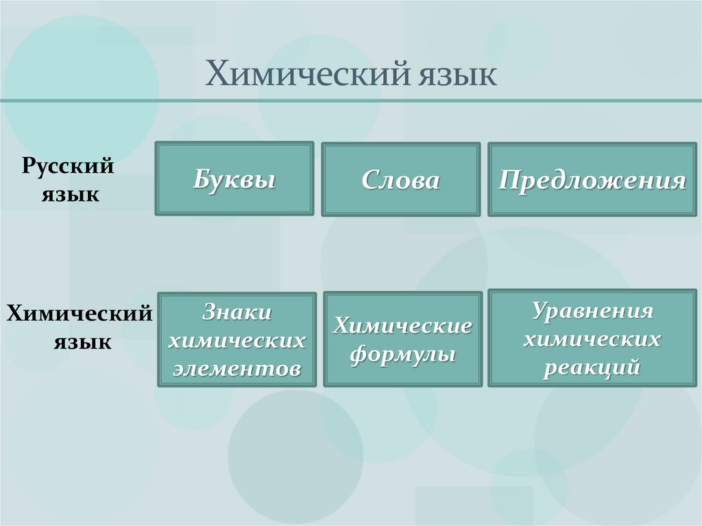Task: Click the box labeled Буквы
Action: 234,180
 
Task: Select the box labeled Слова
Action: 400,180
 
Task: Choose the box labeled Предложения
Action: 592,180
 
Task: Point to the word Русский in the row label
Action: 67,167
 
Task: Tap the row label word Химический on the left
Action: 79,315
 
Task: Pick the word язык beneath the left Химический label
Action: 82,341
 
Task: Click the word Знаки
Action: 237,312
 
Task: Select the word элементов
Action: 237,368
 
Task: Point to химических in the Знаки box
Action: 237,340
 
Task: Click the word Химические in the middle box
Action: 402,326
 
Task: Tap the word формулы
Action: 402,355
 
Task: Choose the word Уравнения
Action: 592,310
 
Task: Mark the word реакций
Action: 592,367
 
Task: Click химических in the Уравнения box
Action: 592,339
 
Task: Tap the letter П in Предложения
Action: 509,180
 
